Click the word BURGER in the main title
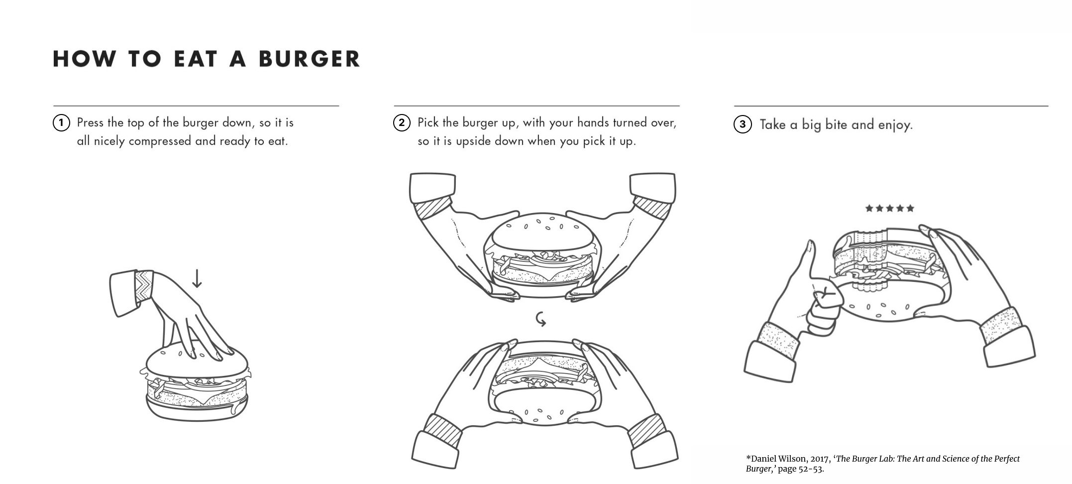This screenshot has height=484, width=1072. [x=309, y=59]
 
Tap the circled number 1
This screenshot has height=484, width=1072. [x=61, y=123]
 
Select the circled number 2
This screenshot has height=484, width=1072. [x=402, y=123]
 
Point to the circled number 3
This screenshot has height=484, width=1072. [x=743, y=124]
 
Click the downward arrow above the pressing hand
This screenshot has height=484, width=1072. [x=197, y=278]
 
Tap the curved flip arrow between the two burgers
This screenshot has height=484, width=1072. [x=541, y=319]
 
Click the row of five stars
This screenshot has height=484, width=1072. [x=890, y=208]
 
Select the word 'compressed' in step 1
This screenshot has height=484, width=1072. [x=160, y=141]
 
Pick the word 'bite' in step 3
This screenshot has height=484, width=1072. [x=836, y=124]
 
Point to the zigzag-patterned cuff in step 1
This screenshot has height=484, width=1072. [x=144, y=286]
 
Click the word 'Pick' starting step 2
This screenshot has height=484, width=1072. [x=429, y=122]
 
